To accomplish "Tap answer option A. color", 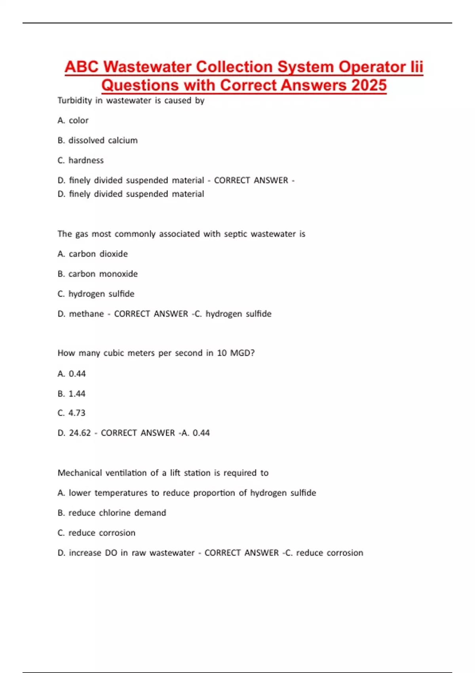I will (x=73, y=120).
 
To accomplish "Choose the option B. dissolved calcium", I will (x=97, y=141).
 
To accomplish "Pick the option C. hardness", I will (x=80, y=160).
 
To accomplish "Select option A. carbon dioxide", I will (x=93, y=254).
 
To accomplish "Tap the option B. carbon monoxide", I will (x=97, y=274).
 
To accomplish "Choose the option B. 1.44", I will (x=71, y=394).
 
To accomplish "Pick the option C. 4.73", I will (x=71, y=413).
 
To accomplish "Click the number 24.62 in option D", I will (x=80, y=433).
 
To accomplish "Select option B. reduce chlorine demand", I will (x=112, y=513).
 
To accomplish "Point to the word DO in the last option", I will (x=111, y=553).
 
